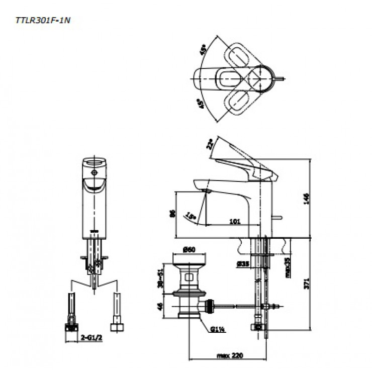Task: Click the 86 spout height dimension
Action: [172, 214]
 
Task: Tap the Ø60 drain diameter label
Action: [189, 249]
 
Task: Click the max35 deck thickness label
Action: [288, 267]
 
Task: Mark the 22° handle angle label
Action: [210, 146]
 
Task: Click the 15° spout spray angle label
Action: [191, 216]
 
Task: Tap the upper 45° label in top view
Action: [203, 50]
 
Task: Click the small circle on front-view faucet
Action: [93, 172]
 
